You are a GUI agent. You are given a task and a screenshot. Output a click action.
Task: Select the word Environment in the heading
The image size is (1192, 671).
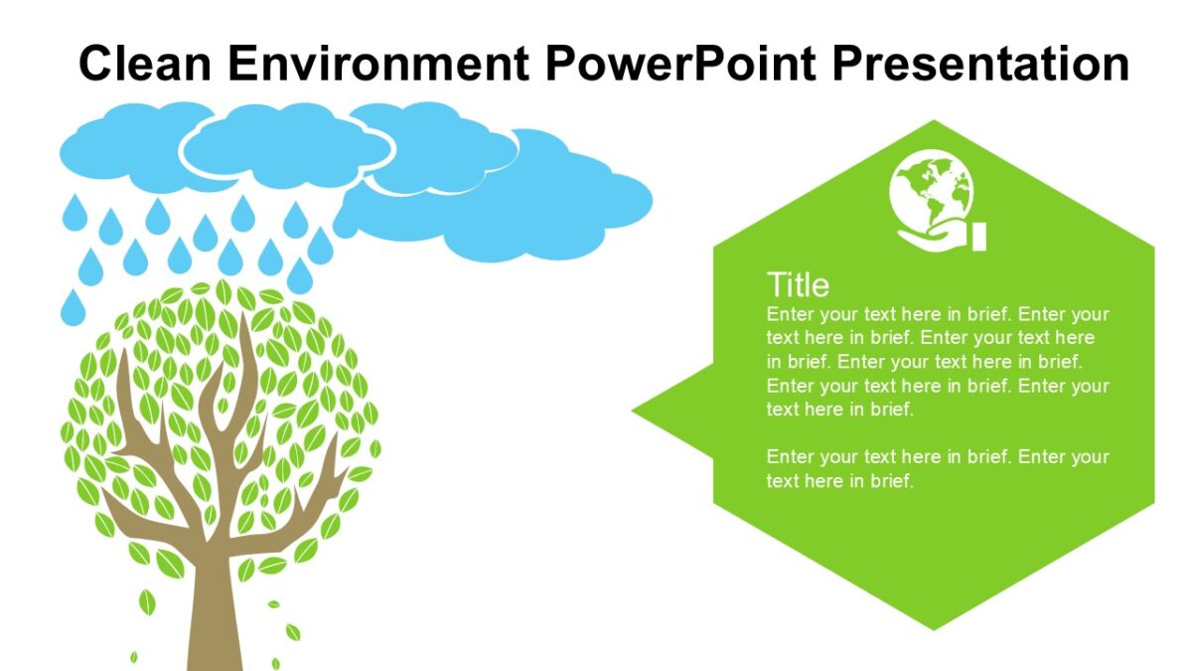pyautogui.click(x=378, y=64)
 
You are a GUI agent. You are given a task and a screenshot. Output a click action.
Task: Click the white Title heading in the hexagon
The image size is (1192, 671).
pyautogui.click(x=798, y=285)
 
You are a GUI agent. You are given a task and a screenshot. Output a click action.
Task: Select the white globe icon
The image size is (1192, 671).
pyautogui.click(x=932, y=190)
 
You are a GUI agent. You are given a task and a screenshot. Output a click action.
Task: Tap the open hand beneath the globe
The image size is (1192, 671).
pyautogui.click(x=929, y=237)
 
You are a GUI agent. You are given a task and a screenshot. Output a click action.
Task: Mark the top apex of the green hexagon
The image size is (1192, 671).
pyautogui.click(x=934, y=123)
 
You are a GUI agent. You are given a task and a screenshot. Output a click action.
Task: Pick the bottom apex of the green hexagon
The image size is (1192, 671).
pyautogui.click(x=934, y=627)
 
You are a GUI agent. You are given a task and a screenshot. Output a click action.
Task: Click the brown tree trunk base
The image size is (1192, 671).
pyautogui.click(x=215, y=636)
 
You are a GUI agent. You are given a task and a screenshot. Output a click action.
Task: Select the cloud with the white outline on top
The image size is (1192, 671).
pyautogui.click(x=286, y=146)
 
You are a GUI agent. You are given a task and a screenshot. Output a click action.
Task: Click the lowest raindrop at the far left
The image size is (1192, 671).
pyautogui.click(x=73, y=307)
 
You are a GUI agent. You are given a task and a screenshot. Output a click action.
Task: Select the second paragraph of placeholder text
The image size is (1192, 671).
pyautogui.click(x=937, y=469)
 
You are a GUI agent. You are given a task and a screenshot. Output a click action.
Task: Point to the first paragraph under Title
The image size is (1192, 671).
pyautogui.click(x=937, y=362)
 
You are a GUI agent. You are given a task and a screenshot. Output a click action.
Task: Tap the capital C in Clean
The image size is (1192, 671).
pyautogui.click(x=95, y=64)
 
